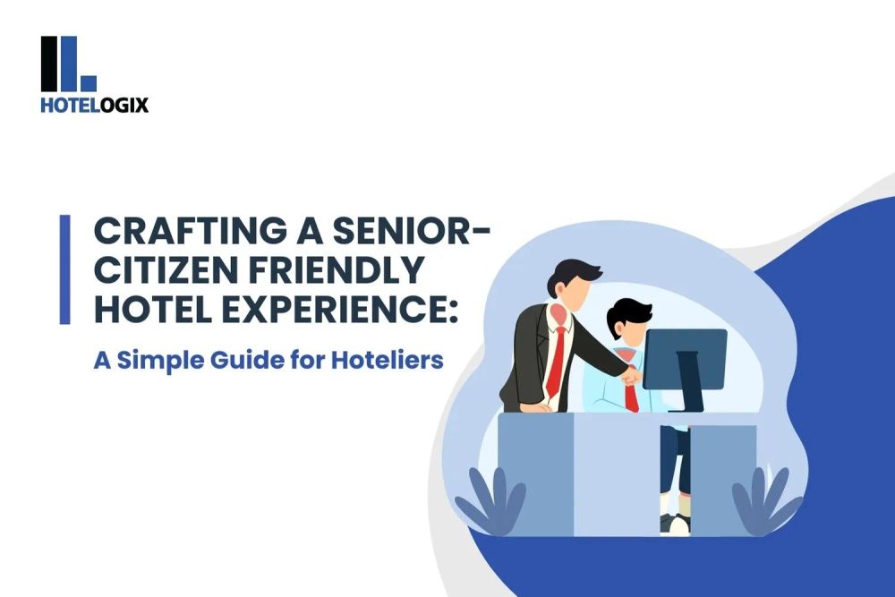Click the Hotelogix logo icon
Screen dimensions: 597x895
click(x=68, y=64)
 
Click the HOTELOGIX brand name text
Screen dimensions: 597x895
click(x=95, y=105)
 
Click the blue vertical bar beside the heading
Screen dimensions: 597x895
click(x=64, y=269)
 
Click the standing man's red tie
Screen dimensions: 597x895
click(x=558, y=358)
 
